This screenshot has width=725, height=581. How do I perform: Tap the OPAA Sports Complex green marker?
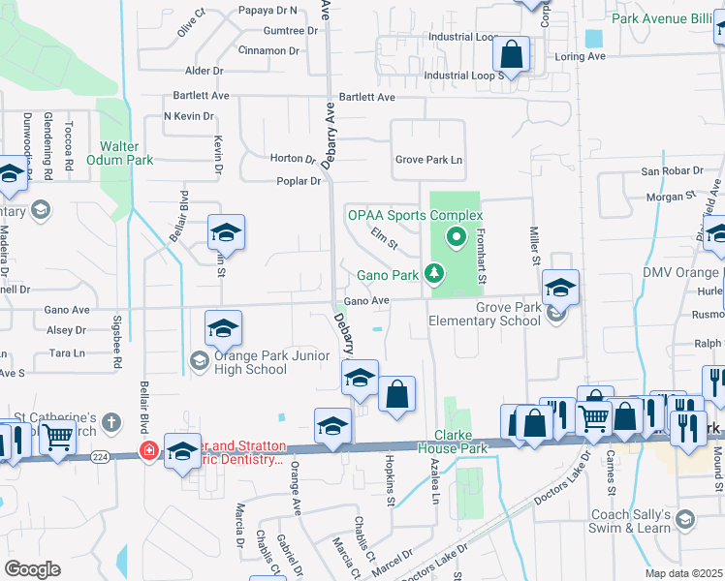[x=454, y=235]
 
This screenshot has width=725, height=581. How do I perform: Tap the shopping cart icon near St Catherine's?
[x=58, y=439]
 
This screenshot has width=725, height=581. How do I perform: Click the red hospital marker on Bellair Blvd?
[x=148, y=450]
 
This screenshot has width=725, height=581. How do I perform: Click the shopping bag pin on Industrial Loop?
[x=511, y=55]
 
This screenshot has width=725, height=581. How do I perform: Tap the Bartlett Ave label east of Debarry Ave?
[x=367, y=98]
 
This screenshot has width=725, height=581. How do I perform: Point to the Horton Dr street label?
[x=293, y=159]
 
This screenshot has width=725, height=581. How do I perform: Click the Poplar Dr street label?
[x=300, y=181]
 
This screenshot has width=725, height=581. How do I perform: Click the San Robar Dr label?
[x=671, y=170]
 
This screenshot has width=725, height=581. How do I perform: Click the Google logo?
[x=32, y=569]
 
